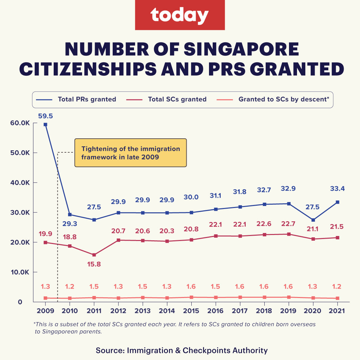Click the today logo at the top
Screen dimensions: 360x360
(180, 15)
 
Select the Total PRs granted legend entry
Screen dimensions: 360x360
(87, 99)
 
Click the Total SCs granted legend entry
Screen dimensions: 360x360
(177, 99)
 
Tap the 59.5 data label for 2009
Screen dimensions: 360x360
(46, 116)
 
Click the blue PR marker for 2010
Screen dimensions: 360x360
(70, 215)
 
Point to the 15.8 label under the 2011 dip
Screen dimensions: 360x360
(94, 264)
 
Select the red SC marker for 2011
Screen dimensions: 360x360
(94, 255)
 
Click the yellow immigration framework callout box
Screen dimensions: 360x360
(130, 153)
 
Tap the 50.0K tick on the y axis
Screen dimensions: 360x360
(20, 153)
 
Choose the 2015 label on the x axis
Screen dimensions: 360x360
(191, 311)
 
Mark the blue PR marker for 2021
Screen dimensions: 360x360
(337, 202)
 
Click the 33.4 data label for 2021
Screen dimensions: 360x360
(337, 189)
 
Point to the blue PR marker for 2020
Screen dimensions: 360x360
(313, 220)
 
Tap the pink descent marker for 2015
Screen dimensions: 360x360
(191, 297)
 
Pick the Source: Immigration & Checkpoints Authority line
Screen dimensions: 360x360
(182, 350)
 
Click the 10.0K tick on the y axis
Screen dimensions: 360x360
(20, 272)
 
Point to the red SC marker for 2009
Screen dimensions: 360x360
(45, 242)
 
